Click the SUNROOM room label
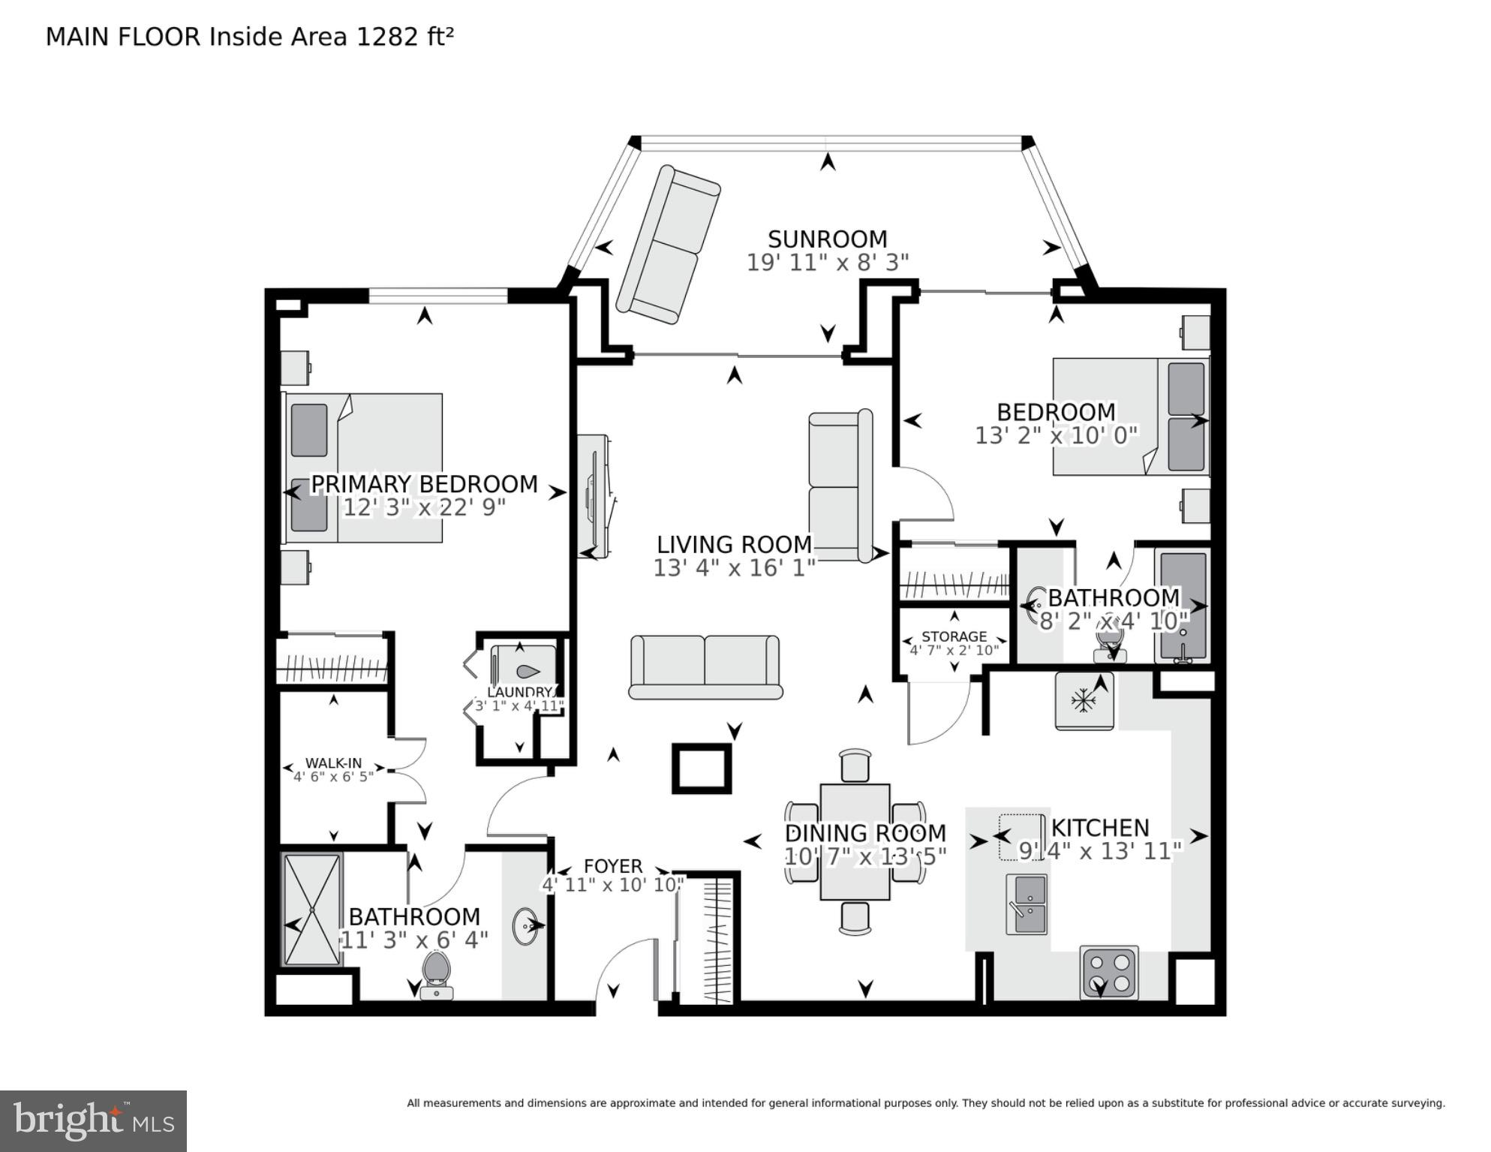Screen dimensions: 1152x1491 [827, 239]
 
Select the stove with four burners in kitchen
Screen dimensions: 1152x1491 [1108, 973]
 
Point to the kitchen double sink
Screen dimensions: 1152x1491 [1026, 904]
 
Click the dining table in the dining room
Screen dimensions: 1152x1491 [855, 842]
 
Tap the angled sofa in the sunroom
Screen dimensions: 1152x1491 [668, 245]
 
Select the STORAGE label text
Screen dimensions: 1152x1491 [954, 636]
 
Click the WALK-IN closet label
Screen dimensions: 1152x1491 [333, 763]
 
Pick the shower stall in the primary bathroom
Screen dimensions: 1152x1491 [311, 910]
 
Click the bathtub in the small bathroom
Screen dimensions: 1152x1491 [1183, 606]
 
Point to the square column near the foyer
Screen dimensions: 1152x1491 [702, 768]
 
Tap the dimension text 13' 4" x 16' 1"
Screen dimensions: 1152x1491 [734, 568]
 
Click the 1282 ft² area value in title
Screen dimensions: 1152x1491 [404, 37]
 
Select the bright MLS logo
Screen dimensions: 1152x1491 [93, 1120]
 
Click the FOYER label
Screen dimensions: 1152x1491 [613, 866]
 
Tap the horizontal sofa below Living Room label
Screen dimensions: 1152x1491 [705, 667]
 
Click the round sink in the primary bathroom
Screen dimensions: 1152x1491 [525, 927]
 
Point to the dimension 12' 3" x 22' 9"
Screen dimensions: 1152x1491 [424, 508]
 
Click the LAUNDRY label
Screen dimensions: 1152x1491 [519, 692]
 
